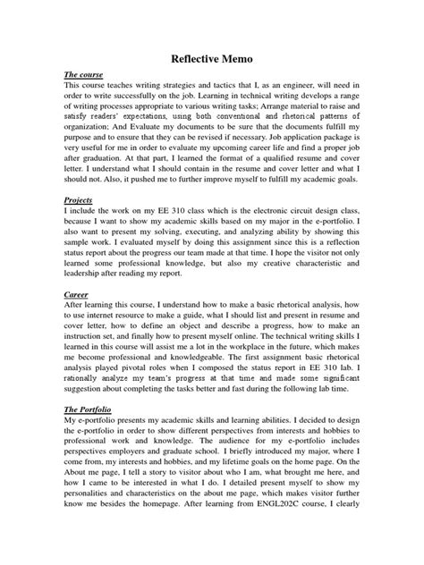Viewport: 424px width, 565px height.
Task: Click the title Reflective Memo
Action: (212, 60)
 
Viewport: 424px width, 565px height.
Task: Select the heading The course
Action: (82, 75)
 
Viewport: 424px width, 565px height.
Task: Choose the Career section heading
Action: (77, 291)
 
